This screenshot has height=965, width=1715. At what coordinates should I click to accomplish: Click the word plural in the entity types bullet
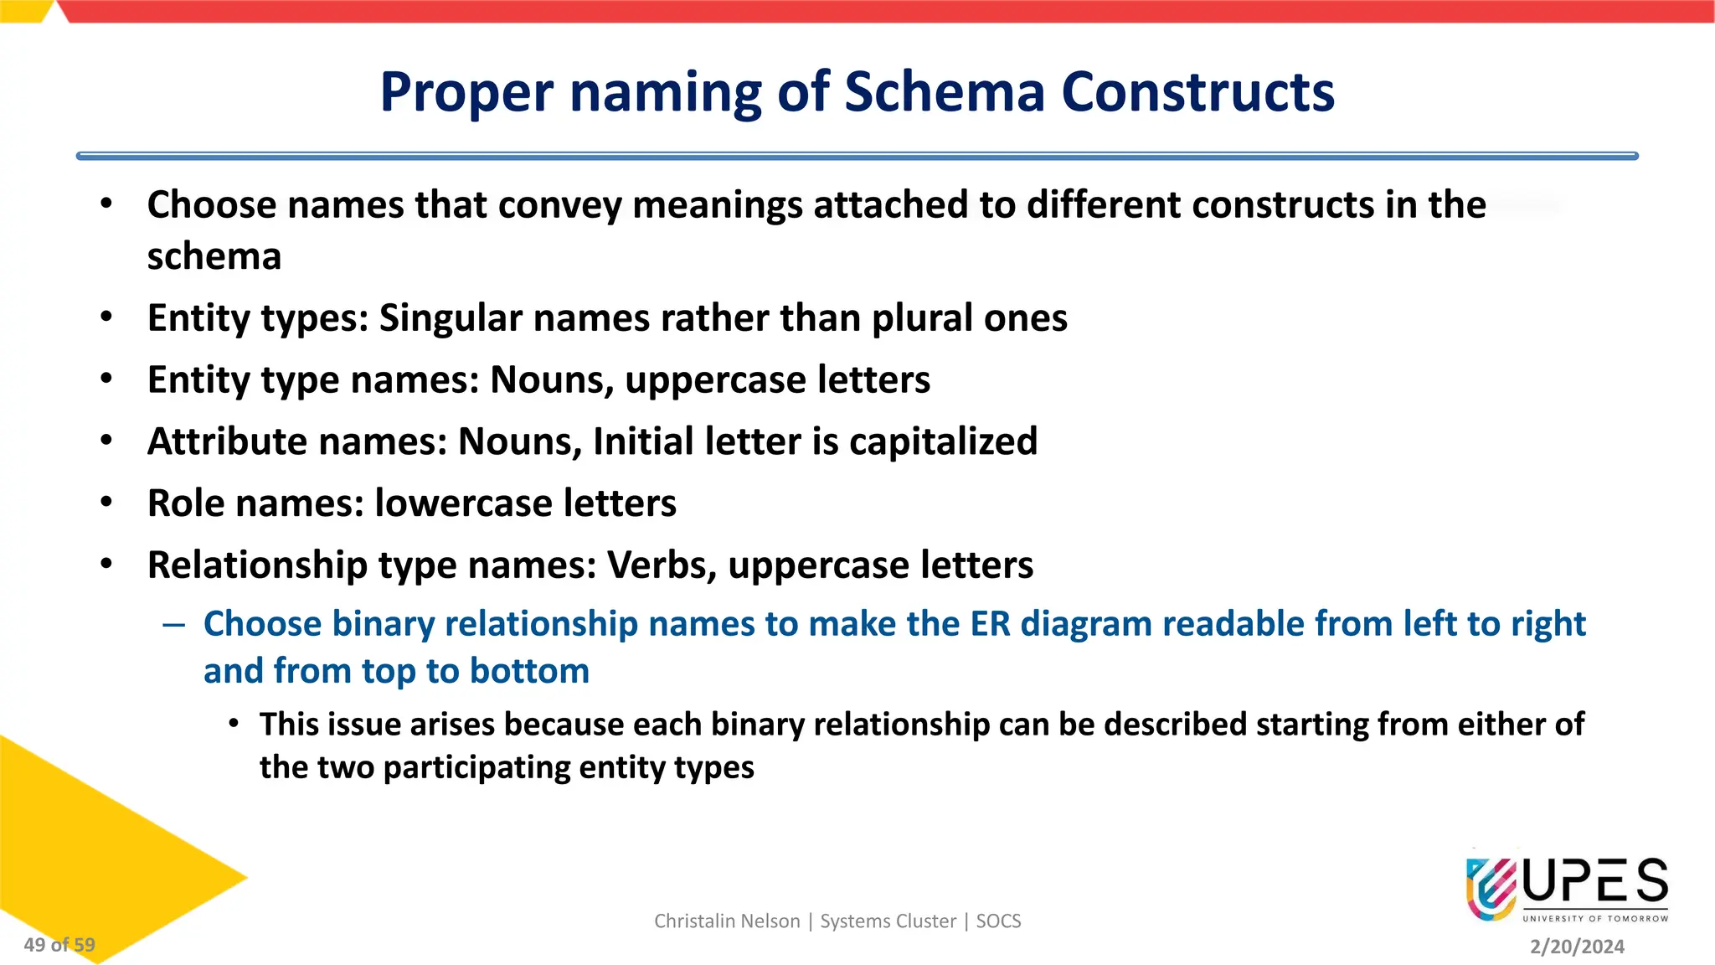921,318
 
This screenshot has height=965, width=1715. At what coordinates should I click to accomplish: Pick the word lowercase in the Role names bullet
463,503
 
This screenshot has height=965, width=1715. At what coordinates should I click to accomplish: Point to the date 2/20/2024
1577,947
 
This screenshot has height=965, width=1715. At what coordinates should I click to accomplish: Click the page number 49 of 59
59,945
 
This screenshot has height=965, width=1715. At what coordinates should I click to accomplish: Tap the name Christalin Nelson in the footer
727,921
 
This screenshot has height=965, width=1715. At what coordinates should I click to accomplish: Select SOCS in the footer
998,921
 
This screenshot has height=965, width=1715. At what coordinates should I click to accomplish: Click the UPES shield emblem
1491,888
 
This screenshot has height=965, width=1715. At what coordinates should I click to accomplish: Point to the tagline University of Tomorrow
1595,919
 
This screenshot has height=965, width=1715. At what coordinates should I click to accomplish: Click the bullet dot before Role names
106,503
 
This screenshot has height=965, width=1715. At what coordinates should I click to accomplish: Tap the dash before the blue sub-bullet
174,625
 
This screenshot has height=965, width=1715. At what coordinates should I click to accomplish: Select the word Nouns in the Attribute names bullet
519,441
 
